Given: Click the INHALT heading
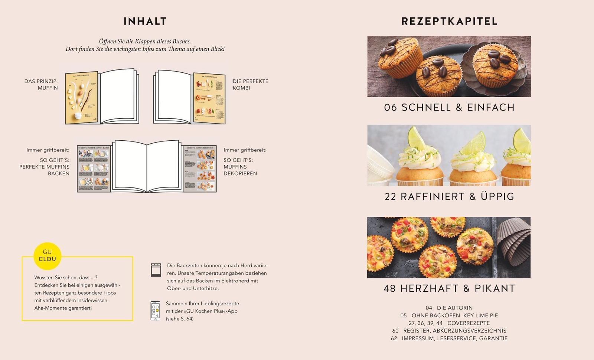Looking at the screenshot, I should click(x=145, y=22).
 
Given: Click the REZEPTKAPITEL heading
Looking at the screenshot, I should click(x=449, y=22).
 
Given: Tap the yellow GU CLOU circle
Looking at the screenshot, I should click(x=47, y=256).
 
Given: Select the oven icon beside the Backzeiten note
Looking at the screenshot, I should click(x=156, y=270).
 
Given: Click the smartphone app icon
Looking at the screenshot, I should click(x=155, y=311).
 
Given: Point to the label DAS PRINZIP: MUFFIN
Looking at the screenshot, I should click(x=41, y=85).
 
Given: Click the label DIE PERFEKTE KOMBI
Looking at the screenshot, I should click(x=250, y=85).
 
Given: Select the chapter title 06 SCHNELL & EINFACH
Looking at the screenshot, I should click(x=449, y=108).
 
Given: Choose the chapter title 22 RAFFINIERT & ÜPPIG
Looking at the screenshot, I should click(x=449, y=197).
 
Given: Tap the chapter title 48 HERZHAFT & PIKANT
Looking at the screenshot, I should click(x=449, y=288).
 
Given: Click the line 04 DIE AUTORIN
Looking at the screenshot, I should click(x=449, y=308).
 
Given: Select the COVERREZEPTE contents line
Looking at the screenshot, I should click(x=449, y=323).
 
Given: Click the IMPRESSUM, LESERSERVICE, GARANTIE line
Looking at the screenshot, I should click(x=449, y=338).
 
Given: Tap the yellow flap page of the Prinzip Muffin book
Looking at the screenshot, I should click(x=81, y=98).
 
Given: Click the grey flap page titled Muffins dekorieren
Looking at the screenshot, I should click(x=200, y=169).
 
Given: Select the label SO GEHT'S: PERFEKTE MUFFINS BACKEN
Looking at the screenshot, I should click(x=45, y=167).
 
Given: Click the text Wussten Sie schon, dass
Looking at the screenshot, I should click(x=66, y=278).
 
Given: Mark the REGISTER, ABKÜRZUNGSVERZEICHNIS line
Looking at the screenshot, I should click(x=449, y=331).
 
